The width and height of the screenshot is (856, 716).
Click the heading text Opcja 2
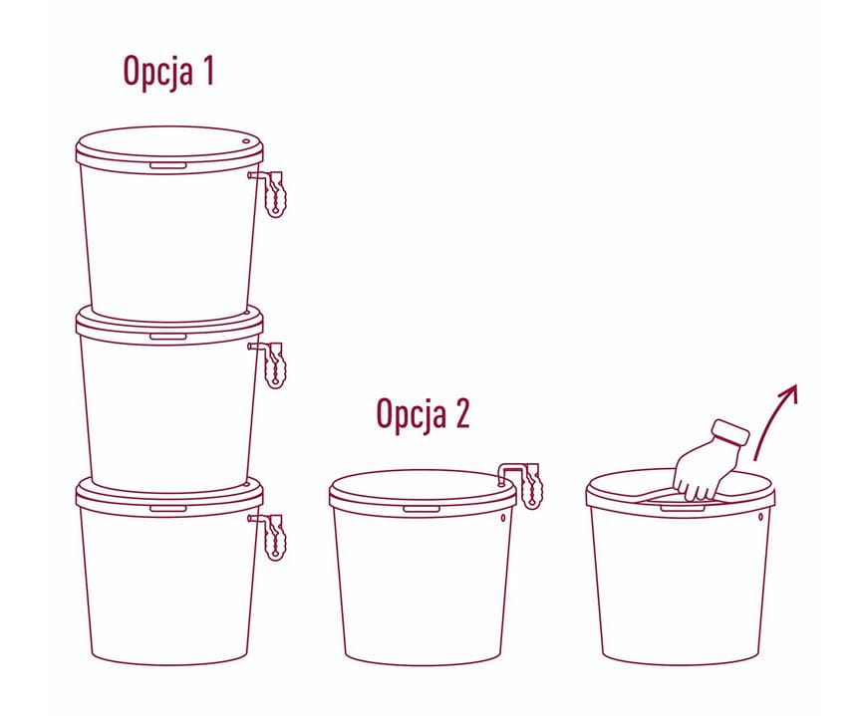pos(424,414)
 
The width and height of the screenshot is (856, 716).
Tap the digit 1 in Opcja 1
pos(207,70)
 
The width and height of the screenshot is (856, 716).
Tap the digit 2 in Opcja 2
pos(461,413)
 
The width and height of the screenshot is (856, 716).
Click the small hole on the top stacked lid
pos(246,141)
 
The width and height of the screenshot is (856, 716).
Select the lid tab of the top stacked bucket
pos(168,165)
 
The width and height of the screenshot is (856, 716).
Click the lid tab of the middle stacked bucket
pos(168,337)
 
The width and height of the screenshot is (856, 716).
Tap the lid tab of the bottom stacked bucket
pos(168,509)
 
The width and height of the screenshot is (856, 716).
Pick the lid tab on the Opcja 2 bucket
pos(422,509)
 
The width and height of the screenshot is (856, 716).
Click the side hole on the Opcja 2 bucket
pos(503,517)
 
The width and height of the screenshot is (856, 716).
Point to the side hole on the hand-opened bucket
pos(760,517)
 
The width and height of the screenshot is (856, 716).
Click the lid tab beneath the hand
pos(683,509)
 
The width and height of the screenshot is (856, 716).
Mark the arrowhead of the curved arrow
pos(790,391)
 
